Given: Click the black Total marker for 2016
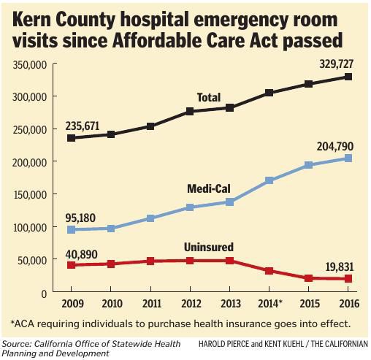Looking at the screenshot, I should tap(348, 77).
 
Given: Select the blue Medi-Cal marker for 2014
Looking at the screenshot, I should tap(269, 180).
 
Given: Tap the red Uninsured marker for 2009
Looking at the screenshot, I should tap(71, 264).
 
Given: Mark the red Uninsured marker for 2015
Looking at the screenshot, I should tap(309, 278).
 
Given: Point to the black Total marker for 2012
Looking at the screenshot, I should tap(190, 112).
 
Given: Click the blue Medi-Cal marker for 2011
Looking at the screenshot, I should tap(150, 218).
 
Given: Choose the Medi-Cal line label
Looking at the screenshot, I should tap(208, 188).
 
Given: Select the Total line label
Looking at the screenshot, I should tap(209, 97).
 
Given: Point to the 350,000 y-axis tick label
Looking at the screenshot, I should tap(31, 65).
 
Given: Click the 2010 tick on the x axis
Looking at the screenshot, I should tap(111, 303).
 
